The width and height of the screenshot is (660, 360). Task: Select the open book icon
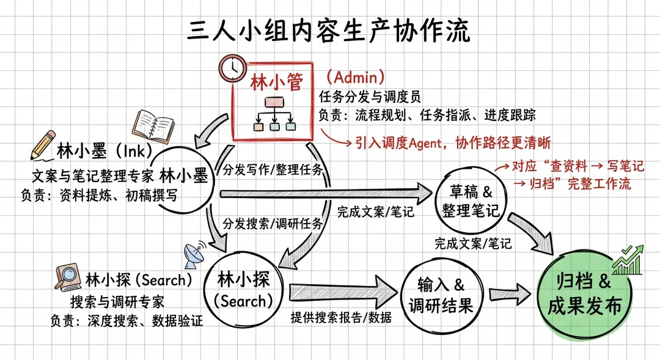point(154,125)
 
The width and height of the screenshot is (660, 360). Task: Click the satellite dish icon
point(194,252)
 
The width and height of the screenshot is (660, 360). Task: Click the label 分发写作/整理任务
point(272,169)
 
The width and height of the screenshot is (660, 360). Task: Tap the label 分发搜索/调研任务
point(273,223)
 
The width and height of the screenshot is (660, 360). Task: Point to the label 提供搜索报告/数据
point(341,317)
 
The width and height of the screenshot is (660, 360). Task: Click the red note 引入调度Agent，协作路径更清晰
point(453,143)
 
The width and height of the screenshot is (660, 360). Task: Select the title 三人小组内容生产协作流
point(329,31)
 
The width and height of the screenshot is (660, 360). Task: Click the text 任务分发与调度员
point(370,97)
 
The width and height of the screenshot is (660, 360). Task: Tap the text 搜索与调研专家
point(117,301)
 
